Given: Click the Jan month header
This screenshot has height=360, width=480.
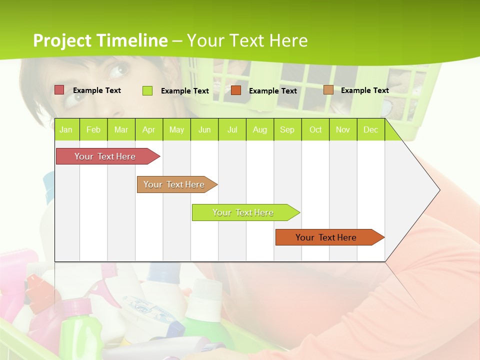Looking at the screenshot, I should pyautogui.click(x=66, y=129).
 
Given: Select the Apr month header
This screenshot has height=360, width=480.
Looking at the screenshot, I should pyautogui.click(x=148, y=129).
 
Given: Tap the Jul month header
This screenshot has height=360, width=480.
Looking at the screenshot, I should pyautogui.click(x=232, y=129).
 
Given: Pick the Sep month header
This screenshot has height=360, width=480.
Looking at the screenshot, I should pyautogui.click(x=287, y=129).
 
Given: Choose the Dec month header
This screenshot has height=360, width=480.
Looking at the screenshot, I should pyautogui.click(x=370, y=129).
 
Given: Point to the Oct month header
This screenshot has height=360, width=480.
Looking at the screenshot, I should pyautogui.click(x=315, y=129).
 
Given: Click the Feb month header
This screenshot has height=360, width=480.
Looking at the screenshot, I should pyautogui.click(x=93, y=129).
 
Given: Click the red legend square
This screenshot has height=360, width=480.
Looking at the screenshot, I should pyautogui.click(x=59, y=90).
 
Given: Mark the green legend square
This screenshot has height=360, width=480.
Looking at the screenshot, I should pyautogui.click(x=147, y=90).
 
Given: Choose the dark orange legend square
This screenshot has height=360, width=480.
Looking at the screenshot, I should pyautogui.click(x=236, y=90).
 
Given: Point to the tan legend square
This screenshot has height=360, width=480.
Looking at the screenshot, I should pyautogui.click(x=328, y=90).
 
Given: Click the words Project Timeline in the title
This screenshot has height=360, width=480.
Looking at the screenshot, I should pyautogui.click(x=100, y=40).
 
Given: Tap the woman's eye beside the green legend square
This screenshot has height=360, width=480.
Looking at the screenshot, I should pyautogui.click(x=119, y=69).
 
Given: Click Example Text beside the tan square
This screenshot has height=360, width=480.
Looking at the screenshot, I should pyautogui.click(x=364, y=90).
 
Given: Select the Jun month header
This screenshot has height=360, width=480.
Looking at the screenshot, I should pyautogui.click(x=204, y=129).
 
